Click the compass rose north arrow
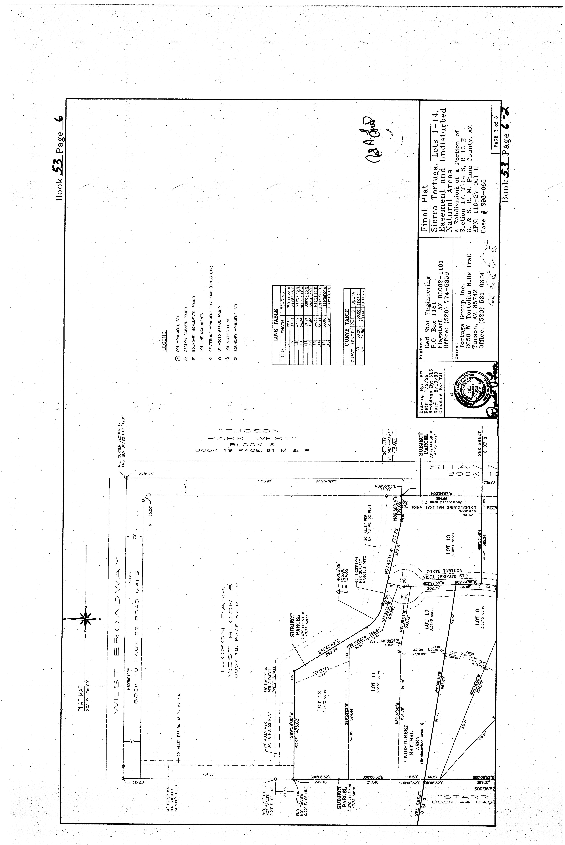[x=86, y=618]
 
